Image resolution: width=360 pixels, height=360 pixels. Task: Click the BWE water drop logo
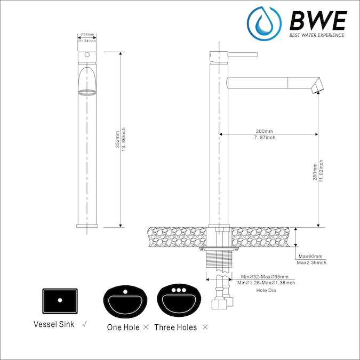[x=264, y=23]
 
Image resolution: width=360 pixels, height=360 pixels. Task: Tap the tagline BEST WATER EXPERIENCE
[x=317, y=35]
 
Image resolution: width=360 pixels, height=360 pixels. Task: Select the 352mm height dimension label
[x=117, y=139]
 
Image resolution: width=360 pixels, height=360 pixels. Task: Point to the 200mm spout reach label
[x=265, y=131]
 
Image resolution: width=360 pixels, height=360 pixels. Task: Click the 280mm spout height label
[x=315, y=172]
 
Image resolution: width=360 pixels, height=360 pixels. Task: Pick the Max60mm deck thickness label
[x=310, y=256]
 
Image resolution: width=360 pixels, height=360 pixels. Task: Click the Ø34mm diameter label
[x=87, y=35]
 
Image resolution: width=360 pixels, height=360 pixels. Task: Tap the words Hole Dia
[x=266, y=291]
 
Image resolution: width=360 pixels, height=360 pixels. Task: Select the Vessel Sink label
[x=54, y=324]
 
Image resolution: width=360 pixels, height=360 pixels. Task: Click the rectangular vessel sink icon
[x=60, y=301]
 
